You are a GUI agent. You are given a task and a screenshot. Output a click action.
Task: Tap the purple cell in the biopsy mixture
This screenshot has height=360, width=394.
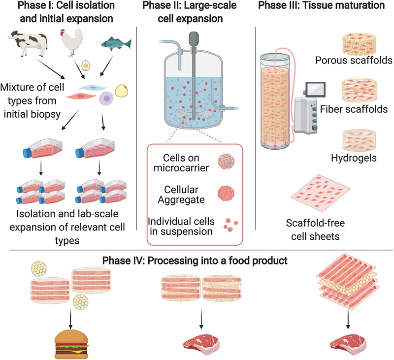pyautogui.click(x=106, y=99)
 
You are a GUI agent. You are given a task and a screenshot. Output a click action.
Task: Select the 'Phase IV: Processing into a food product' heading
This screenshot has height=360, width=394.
pyautogui.click(x=195, y=261)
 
